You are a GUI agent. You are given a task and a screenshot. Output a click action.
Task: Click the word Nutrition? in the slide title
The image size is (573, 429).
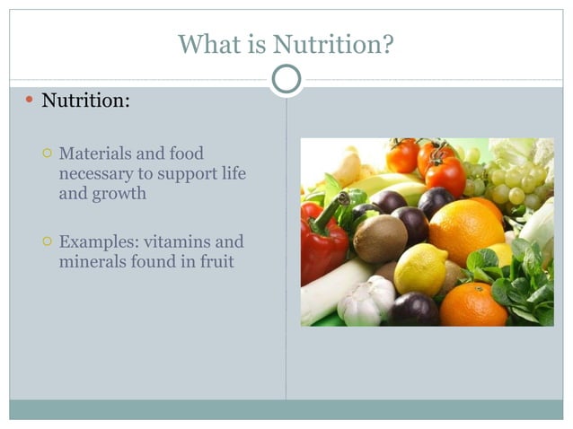point(333,43)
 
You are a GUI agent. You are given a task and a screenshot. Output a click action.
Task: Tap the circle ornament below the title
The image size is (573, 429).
point(286,79)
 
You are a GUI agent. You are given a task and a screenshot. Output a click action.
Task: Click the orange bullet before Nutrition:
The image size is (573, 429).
point(29,100)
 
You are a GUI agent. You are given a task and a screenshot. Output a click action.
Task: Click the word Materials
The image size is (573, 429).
point(94,153)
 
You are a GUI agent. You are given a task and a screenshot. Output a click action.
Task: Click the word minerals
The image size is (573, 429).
point(93,262)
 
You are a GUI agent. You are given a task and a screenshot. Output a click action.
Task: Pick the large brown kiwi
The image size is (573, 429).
point(380,238)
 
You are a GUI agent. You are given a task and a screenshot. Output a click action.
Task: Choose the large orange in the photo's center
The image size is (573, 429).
point(466,232)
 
